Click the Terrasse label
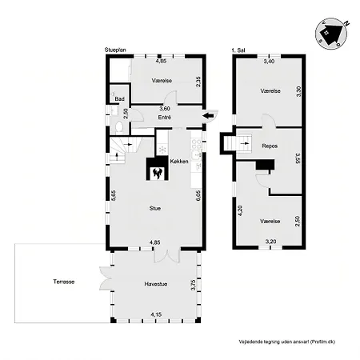[64, 282]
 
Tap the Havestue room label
[156, 284]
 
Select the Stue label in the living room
[155, 208]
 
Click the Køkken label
[179, 162]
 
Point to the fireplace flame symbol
[157, 173]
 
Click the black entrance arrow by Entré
[208, 115]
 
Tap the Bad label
[119, 99]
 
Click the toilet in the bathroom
[119, 127]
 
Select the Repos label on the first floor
[270, 146]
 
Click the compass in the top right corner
[331, 34]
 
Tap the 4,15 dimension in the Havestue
[156, 314]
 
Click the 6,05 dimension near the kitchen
[198, 195]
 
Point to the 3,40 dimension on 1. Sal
[269, 62]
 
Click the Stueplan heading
[115, 50]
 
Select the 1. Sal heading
[238, 50]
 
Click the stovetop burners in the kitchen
[197, 144]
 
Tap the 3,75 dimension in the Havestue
[194, 285]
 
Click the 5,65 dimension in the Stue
[114, 195]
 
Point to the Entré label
[165, 118]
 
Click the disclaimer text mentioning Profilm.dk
[287, 342]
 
